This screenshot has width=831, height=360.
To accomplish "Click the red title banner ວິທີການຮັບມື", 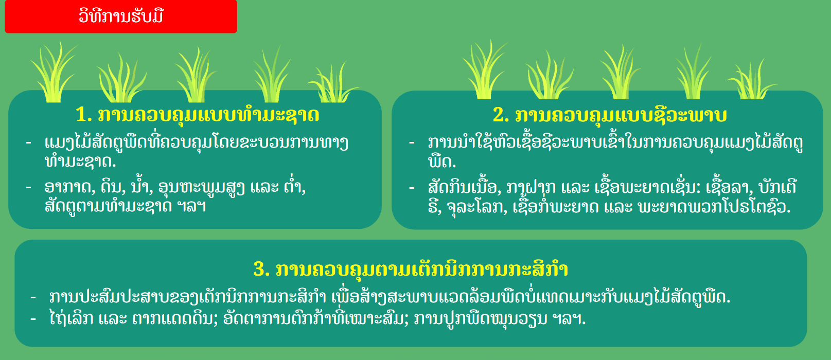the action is pos(121,16).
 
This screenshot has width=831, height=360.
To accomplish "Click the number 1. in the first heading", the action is pos(83,115).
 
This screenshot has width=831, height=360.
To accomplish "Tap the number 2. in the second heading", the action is pos(501,115).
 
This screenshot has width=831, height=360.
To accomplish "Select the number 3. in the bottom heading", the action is pos(261,269).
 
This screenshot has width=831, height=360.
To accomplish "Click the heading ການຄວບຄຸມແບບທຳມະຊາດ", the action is pos(208,115).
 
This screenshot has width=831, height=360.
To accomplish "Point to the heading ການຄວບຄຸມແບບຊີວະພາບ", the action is pos(621,115).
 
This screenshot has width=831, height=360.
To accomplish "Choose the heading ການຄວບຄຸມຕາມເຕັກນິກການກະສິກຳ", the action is pos(422,268).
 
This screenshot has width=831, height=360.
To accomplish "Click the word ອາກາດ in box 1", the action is pos(70,187).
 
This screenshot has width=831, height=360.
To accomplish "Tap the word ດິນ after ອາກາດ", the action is pos(113,187).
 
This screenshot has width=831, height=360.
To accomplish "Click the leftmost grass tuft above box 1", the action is pos(54,72).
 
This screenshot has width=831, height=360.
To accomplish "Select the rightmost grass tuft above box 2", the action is pos(751,79).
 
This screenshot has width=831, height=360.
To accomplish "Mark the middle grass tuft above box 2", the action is pos(620,72).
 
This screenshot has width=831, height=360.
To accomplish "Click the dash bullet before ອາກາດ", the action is pos(29,187).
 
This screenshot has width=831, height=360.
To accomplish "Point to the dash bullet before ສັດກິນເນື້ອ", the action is pos(412,188).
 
